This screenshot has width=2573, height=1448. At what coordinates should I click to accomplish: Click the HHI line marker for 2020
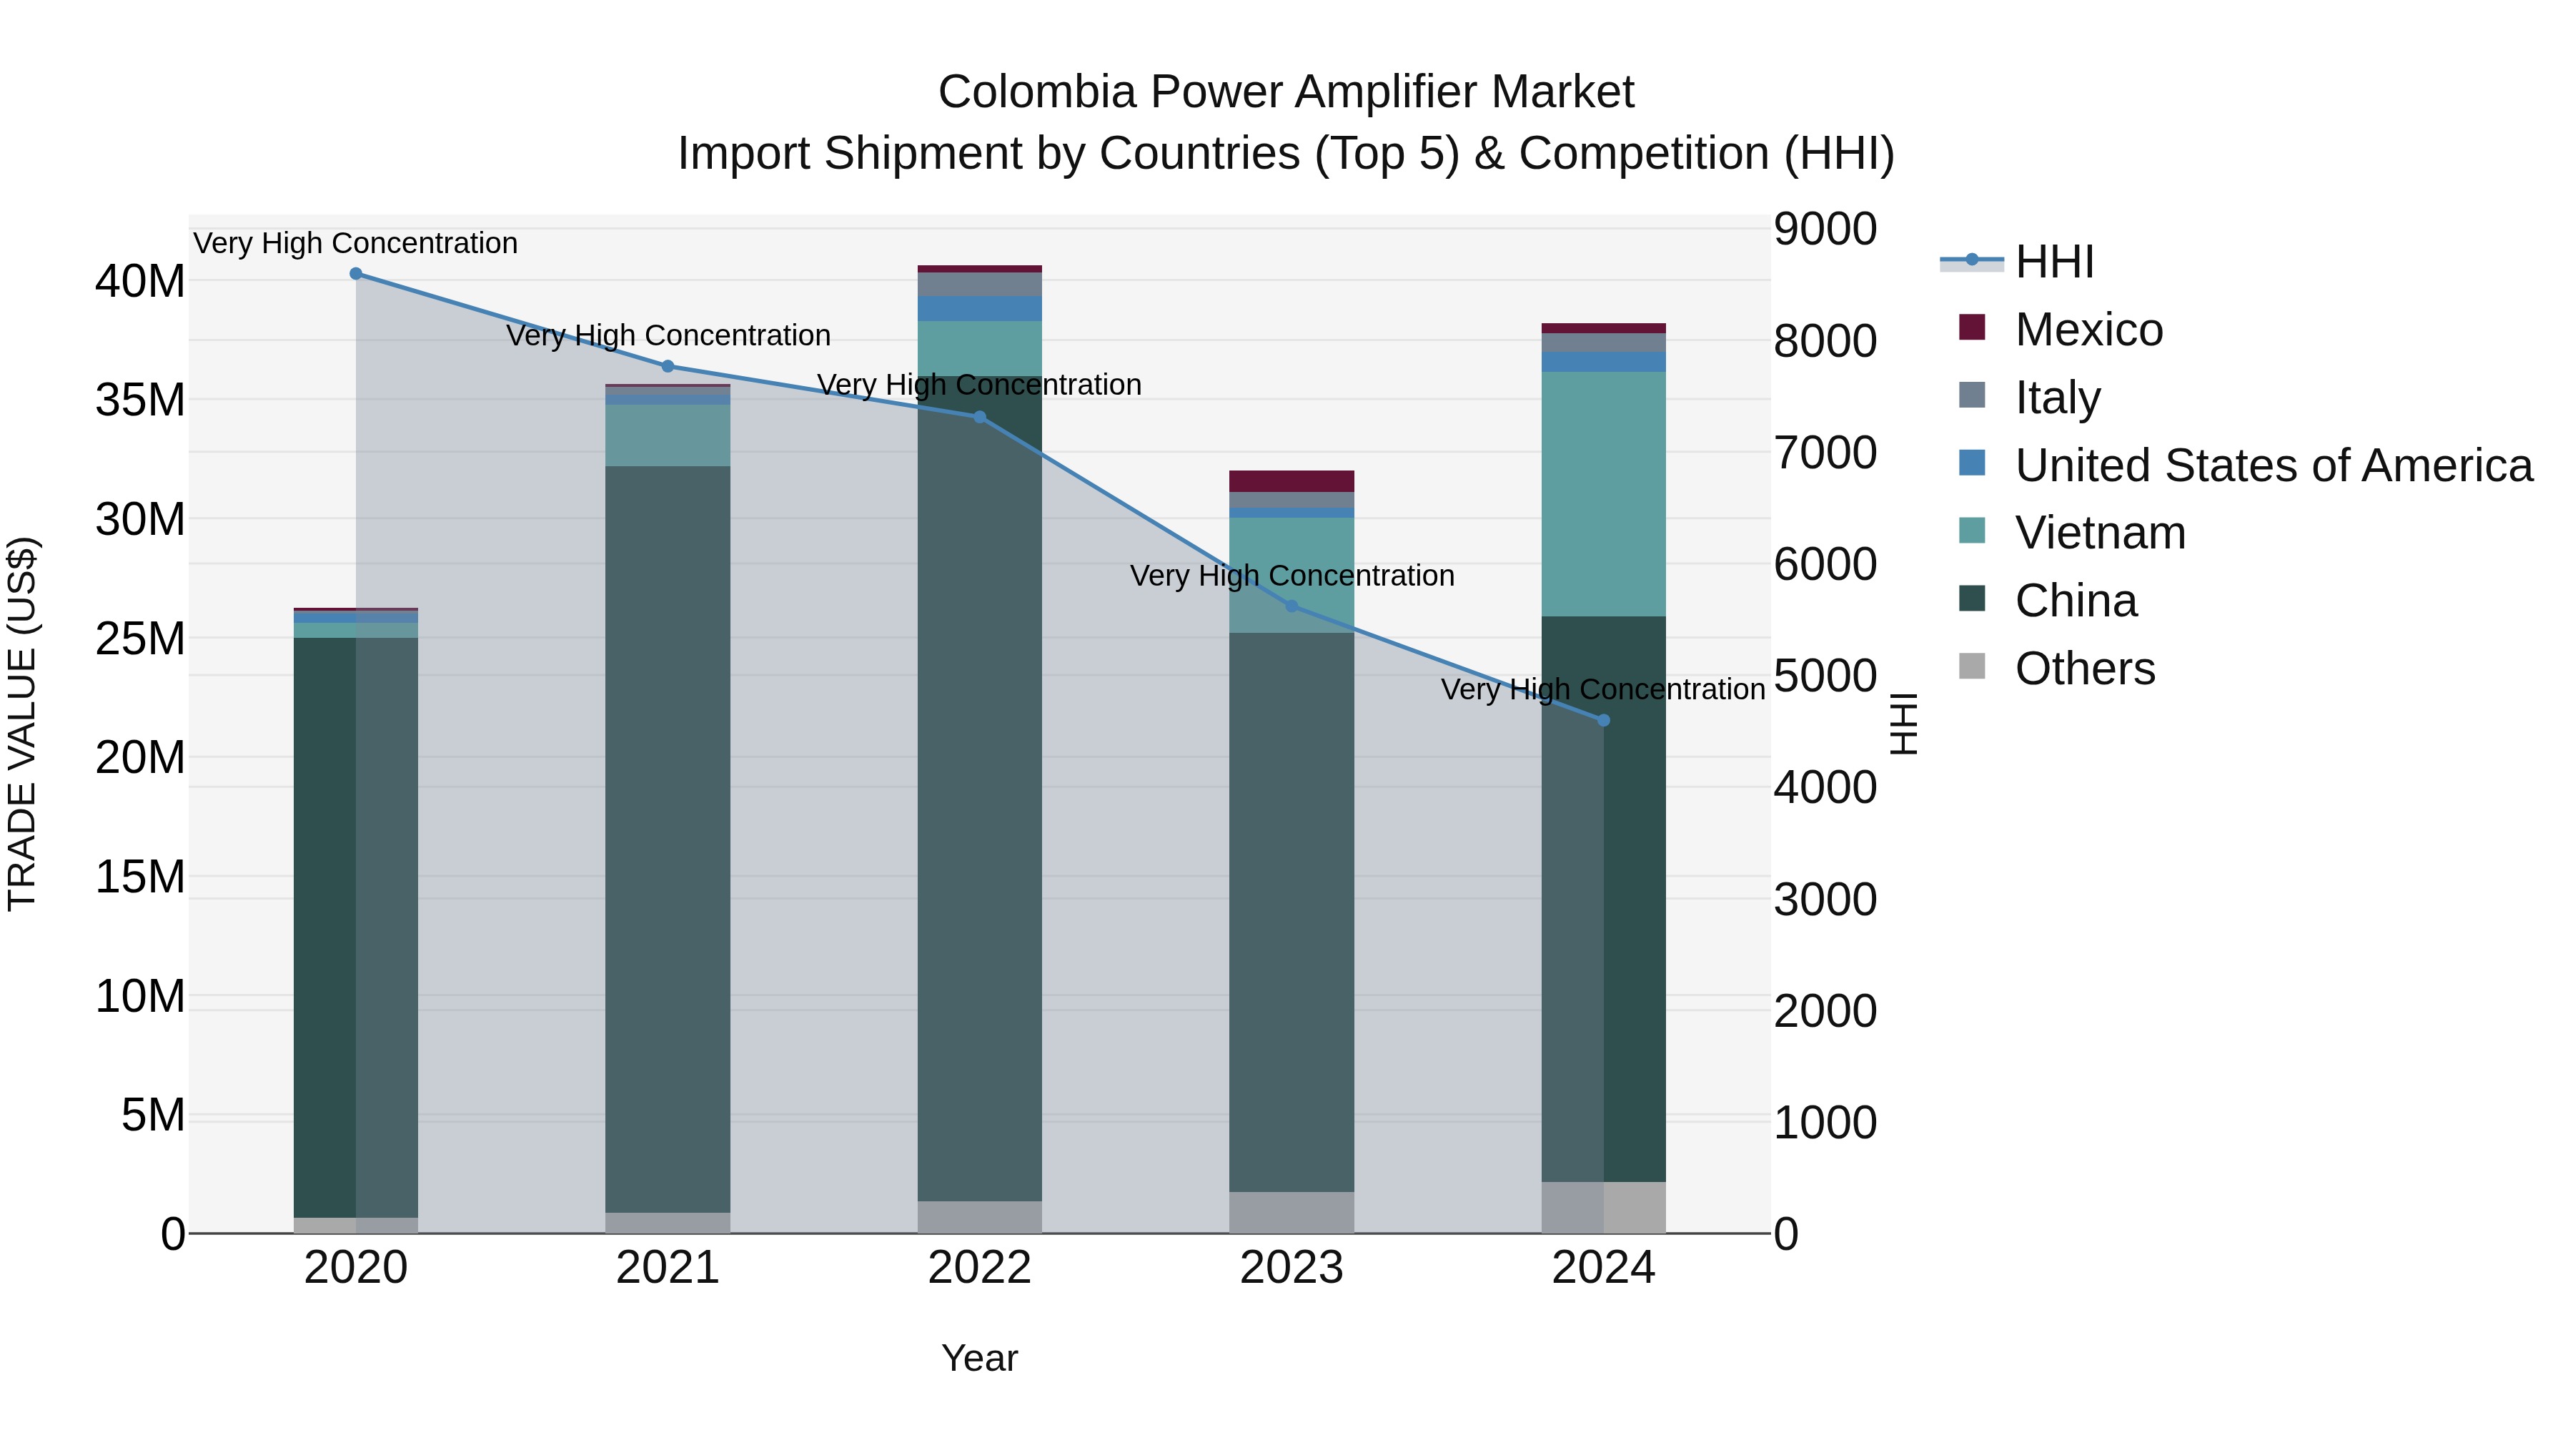point(356,274)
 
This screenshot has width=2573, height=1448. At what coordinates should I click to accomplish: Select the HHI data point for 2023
point(1291,606)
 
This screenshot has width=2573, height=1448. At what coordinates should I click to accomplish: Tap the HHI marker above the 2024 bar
point(1603,721)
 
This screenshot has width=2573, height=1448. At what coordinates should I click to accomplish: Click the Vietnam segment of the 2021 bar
point(668,435)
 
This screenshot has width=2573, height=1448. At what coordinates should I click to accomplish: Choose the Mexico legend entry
point(2088,330)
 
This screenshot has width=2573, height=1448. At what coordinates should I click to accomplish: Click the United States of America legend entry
point(2272,466)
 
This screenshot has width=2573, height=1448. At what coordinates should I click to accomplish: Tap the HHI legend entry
point(2053,262)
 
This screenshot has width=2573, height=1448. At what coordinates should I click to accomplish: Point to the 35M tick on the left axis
point(140,400)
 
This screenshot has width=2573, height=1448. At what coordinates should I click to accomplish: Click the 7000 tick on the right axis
point(1825,453)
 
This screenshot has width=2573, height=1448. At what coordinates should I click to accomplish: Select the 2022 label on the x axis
point(979,1268)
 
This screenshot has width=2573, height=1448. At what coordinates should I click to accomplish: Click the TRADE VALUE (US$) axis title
point(22,724)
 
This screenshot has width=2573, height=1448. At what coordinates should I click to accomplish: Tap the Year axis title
point(979,1358)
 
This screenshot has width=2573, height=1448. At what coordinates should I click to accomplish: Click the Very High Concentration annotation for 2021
point(668,336)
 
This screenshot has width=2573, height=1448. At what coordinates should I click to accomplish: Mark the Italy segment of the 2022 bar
point(979,284)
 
